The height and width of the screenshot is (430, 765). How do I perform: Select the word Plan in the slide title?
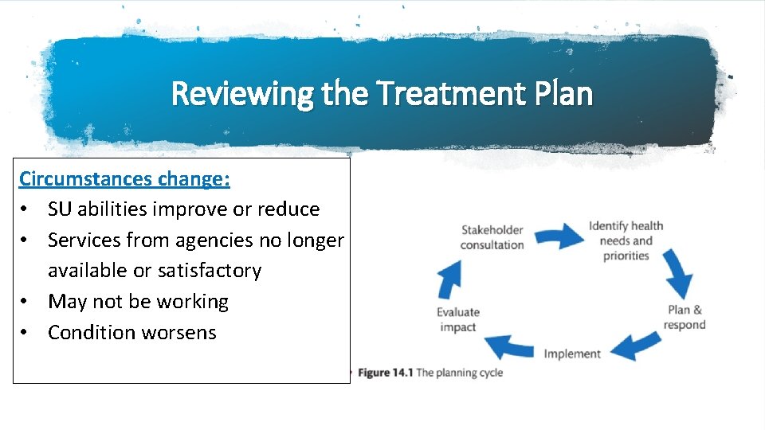pyautogui.click(x=563, y=94)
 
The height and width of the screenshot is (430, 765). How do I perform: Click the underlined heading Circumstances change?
pyautogui.click(x=125, y=178)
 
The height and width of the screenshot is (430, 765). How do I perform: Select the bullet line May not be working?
pyautogui.click(x=138, y=302)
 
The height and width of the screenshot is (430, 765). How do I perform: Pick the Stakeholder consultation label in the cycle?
pyautogui.click(x=492, y=237)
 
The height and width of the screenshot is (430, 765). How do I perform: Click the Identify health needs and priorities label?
pyautogui.click(x=626, y=240)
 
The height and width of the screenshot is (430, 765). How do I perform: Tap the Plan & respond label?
pyautogui.click(x=685, y=317)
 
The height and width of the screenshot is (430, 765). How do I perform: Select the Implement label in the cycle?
pyautogui.click(x=572, y=354)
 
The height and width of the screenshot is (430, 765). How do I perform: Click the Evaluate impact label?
pyautogui.click(x=458, y=319)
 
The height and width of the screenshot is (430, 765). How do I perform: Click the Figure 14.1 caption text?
pyautogui.click(x=430, y=373)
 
